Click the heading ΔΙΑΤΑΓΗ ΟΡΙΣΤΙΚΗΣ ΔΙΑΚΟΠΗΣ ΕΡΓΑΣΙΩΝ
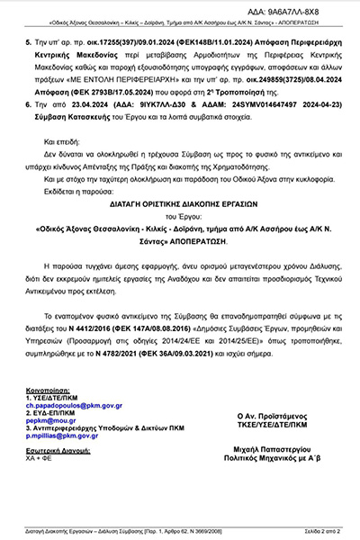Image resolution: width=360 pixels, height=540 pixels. coord(179,205)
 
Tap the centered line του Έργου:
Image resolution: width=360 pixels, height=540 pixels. coord(180,217)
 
